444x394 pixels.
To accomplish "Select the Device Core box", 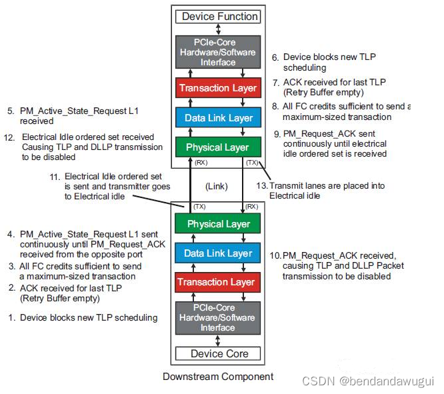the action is pyautogui.click(x=219, y=353).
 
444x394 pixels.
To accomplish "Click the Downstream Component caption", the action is pyautogui.click(x=218, y=377).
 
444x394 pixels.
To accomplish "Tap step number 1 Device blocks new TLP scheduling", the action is pyautogui.click(x=83, y=317).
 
